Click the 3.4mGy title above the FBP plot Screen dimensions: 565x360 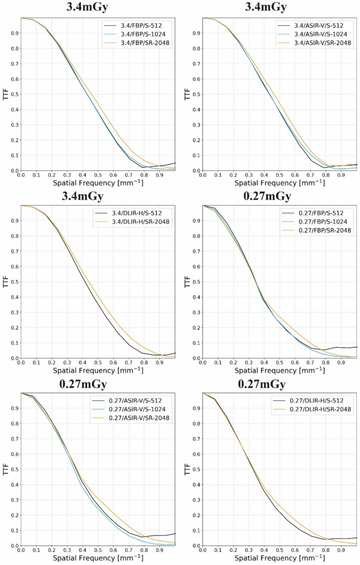pyautogui.click(x=85, y=7)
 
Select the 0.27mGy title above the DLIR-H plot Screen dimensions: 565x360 pyautogui.click(x=266, y=384)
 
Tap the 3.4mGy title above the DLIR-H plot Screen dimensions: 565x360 pyautogui.click(x=85, y=197)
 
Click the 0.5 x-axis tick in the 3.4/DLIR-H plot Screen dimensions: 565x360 pyautogui.click(x=98, y=362)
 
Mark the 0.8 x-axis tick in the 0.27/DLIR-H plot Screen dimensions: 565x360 pyautogui.click(x=326, y=550)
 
